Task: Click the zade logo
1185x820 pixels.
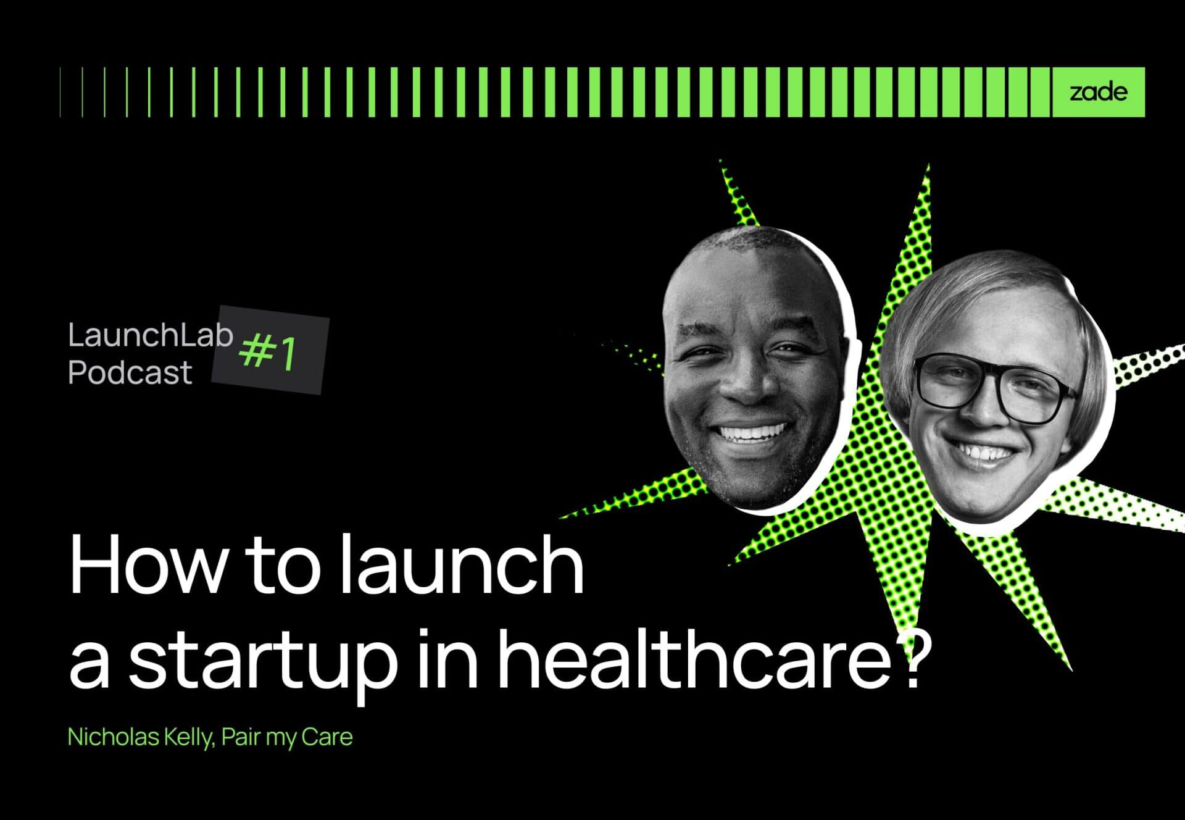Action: (x=1098, y=93)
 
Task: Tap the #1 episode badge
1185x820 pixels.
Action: (x=270, y=350)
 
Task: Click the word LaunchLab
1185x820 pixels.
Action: (x=150, y=335)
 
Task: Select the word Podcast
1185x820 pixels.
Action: (x=130, y=373)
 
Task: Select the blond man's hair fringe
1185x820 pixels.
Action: (x=969, y=309)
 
